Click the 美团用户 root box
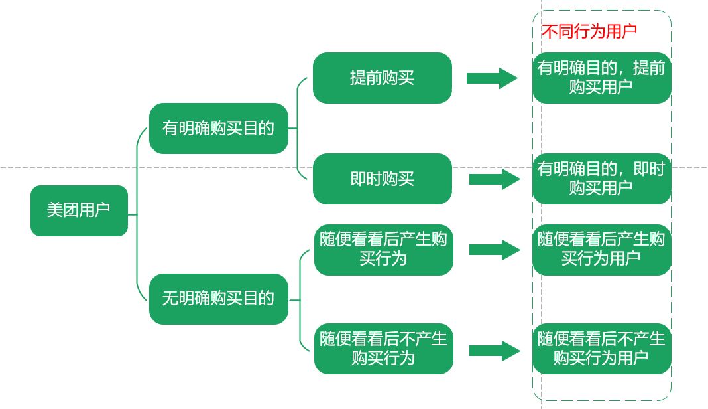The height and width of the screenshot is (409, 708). point(79,210)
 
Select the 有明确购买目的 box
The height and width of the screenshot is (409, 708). point(218,128)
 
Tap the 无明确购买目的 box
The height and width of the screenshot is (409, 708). point(218,299)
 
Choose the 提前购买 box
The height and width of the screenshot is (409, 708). point(383,78)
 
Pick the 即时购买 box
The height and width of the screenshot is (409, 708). point(383,179)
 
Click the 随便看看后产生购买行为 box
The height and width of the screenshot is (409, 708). point(383,248)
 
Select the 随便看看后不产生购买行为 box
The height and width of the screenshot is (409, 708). point(383,349)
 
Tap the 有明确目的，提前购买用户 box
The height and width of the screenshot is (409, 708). point(601,78)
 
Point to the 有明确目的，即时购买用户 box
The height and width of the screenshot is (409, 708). point(601,179)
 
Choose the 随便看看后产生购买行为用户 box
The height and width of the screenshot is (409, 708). point(601,249)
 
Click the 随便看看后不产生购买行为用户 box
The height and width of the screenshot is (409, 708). point(601,349)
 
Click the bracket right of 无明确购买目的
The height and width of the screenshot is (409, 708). point(302,299)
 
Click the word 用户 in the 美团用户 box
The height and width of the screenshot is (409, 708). point(95,210)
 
